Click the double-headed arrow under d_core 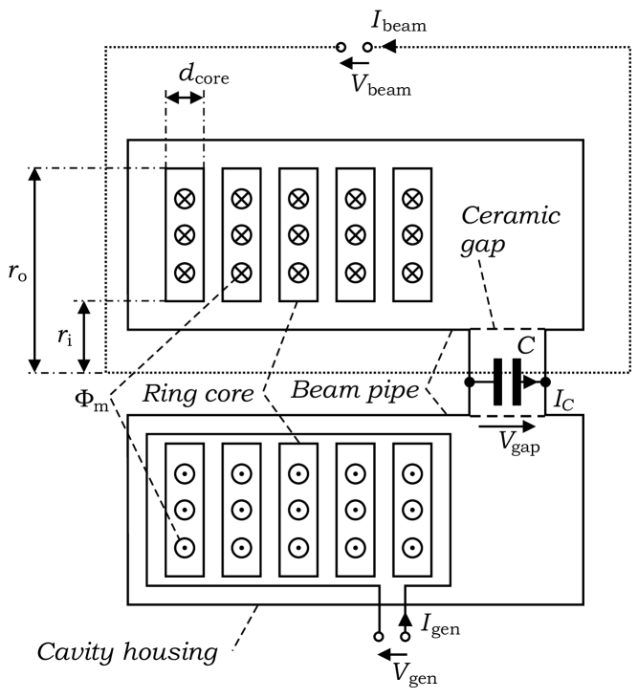coord(184,98)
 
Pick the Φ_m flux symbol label coord(93,394)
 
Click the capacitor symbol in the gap coord(506,382)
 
